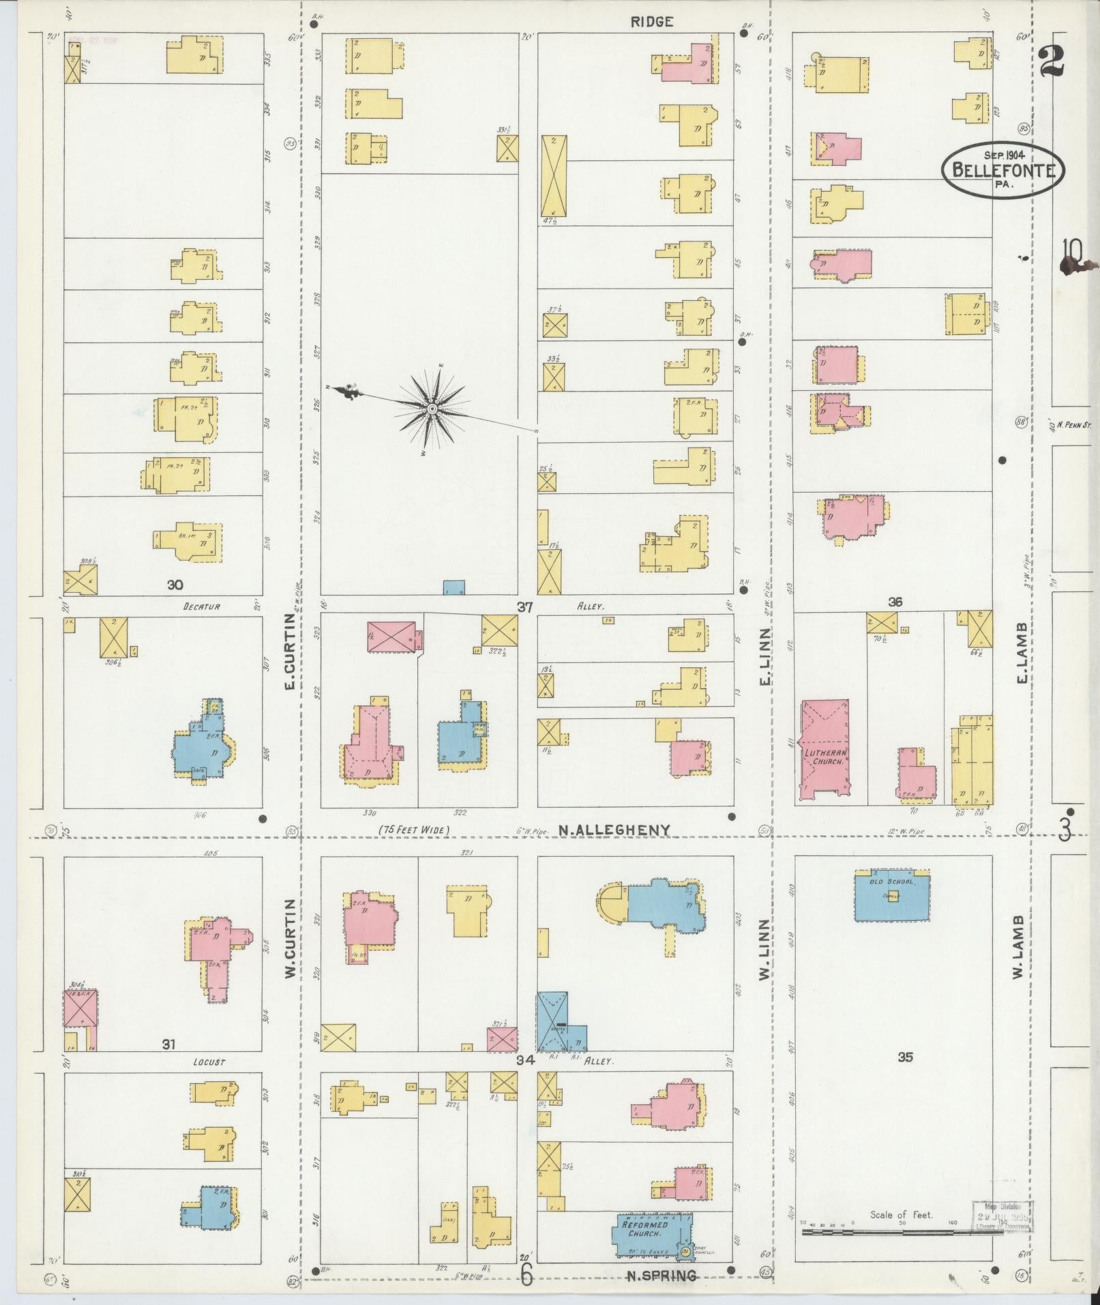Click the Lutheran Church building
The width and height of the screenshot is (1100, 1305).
(x=825, y=750)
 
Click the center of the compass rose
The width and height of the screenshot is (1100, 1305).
(x=432, y=409)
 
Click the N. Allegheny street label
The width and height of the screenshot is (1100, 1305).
(x=614, y=830)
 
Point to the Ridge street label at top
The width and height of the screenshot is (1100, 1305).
(x=651, y=22)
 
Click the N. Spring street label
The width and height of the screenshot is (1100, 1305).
(x=662, y=1276)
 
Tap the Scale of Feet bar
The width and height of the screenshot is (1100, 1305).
(x=900, y=1233)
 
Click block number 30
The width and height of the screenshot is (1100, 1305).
(x=175, y=585)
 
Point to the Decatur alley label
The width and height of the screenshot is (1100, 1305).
(x=202, y=606)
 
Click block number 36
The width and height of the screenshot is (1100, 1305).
(x=895, y=602)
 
